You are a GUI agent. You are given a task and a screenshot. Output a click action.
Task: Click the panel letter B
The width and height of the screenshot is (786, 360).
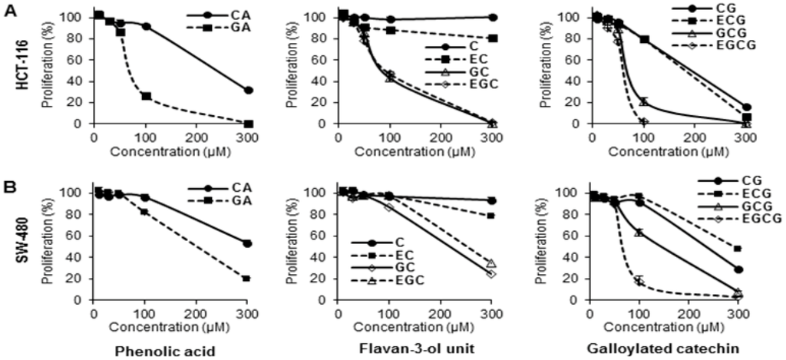[x=9, y=187]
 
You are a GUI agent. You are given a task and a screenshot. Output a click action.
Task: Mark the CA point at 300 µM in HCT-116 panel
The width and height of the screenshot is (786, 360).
[x=248, y=90]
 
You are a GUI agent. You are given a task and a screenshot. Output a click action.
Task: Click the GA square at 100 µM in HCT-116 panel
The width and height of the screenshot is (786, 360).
[x=146, y=96]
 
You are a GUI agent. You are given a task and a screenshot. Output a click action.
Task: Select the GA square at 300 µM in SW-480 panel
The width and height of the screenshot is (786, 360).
[x=246, y=279]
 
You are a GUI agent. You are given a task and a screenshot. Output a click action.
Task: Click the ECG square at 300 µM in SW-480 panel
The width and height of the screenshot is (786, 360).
[x=738, y=249]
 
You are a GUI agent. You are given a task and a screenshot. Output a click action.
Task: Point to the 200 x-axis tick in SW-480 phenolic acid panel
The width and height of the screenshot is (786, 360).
[x=196, y=312]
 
